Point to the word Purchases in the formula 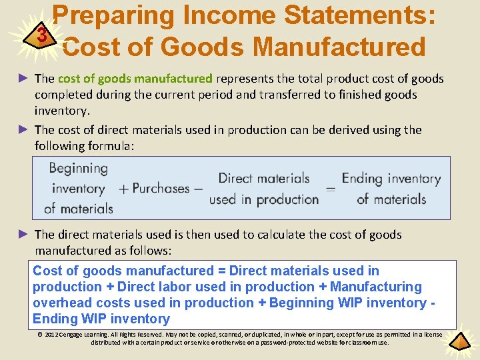click(x=161, y=189)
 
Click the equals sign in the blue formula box click(x=330, y=189)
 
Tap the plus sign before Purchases click(x=123, y=189)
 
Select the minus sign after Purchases click(x=198, y=189)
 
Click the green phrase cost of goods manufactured click(x=135, y=79)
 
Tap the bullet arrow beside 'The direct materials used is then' click(x=24, y=234)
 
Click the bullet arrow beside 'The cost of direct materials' click(x=24, y=129)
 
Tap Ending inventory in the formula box click(x=391, y=179)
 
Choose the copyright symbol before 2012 click(x=41, y=334)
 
